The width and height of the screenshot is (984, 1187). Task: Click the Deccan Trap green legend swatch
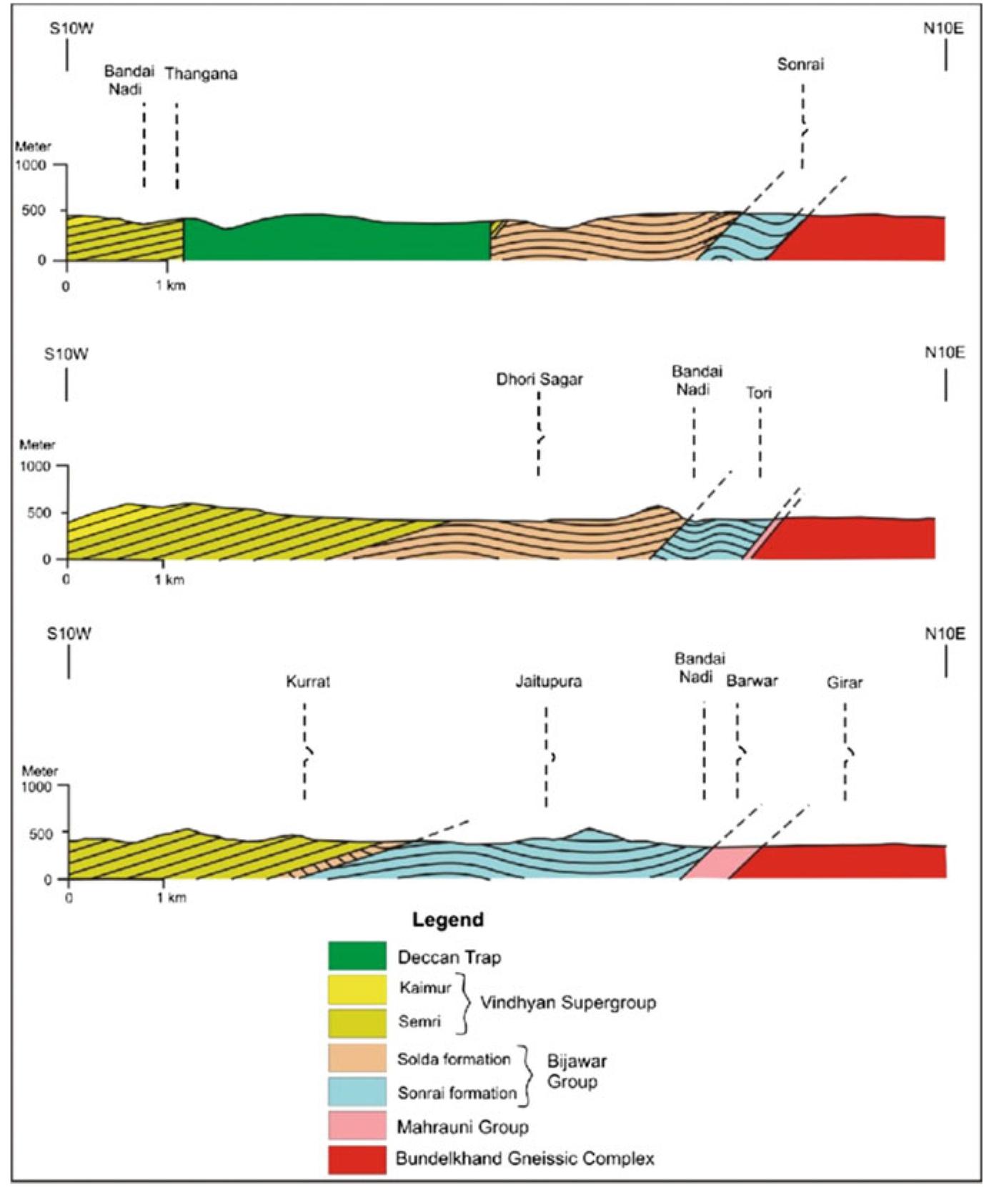[x=357, y=956]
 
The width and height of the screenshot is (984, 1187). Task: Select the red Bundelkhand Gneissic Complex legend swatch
[x=357, y=1158]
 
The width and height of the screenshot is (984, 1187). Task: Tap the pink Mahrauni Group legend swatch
[x=357, y=1125]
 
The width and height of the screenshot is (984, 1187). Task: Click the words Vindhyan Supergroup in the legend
[x=567, y=1003]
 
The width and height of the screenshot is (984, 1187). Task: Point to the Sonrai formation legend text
[x=457, y=1093]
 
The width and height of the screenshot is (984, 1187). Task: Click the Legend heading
[x=447, y=919]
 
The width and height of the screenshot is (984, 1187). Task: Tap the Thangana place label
[x=201, y=74]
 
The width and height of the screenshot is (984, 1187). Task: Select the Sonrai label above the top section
[x=800, y=64]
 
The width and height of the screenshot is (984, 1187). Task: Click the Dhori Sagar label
[x=540, y=379]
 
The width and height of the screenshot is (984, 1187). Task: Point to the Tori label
[x=759, y=393]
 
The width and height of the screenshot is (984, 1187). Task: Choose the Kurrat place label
[x=308, y=682]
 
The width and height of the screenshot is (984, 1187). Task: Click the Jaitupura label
[x=549, y=682]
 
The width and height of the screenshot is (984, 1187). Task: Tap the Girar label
[x=845, y=682]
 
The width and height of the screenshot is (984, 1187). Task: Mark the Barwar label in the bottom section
[x=752, y=681]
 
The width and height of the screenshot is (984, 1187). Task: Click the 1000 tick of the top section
[x=31, y=165]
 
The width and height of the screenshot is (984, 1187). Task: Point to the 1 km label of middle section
[x=169, y=580]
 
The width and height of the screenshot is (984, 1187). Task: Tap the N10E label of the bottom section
[x=945, y=634]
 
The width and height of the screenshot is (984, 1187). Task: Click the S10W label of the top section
[x=71, y=29]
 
